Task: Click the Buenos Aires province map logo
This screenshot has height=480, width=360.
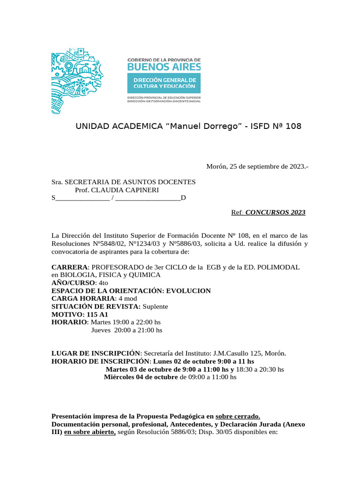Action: [x=76, y=80]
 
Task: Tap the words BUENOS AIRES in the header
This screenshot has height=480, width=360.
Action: [x=164, y=67]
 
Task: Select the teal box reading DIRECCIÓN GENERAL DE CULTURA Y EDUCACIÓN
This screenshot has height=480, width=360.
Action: [x=164, y=83]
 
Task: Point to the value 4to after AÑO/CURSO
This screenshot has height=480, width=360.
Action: [x=103, y=283]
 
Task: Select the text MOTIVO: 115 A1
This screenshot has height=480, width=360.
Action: [x=80, y=314]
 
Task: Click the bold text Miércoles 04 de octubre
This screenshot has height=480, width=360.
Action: [x=141, y=377]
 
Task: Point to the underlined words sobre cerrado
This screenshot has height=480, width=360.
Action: [x=238, y=416]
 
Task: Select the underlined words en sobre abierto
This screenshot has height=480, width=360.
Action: [x=90, y=432]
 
